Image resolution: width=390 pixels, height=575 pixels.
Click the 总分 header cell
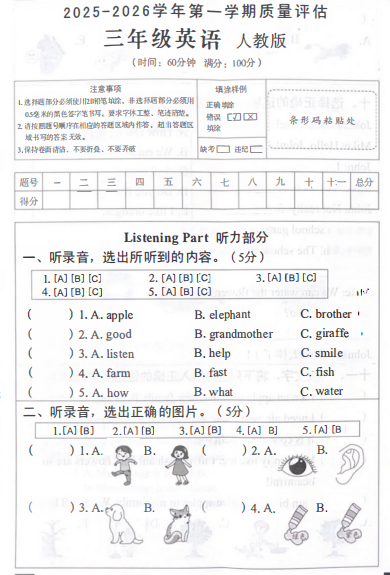(363, 182)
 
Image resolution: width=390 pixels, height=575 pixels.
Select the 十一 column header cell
(336, 182)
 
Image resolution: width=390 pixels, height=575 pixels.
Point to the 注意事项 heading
(105, 89)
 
